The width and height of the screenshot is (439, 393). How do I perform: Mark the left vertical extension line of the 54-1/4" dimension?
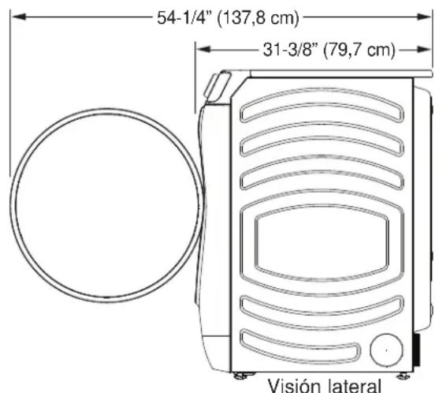click(x=9, y=95)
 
